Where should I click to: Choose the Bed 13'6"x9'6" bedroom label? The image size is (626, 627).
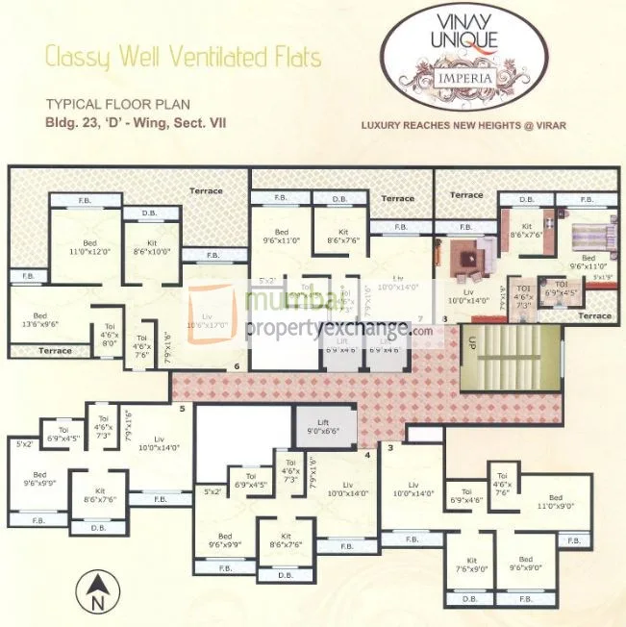point(39,319)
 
